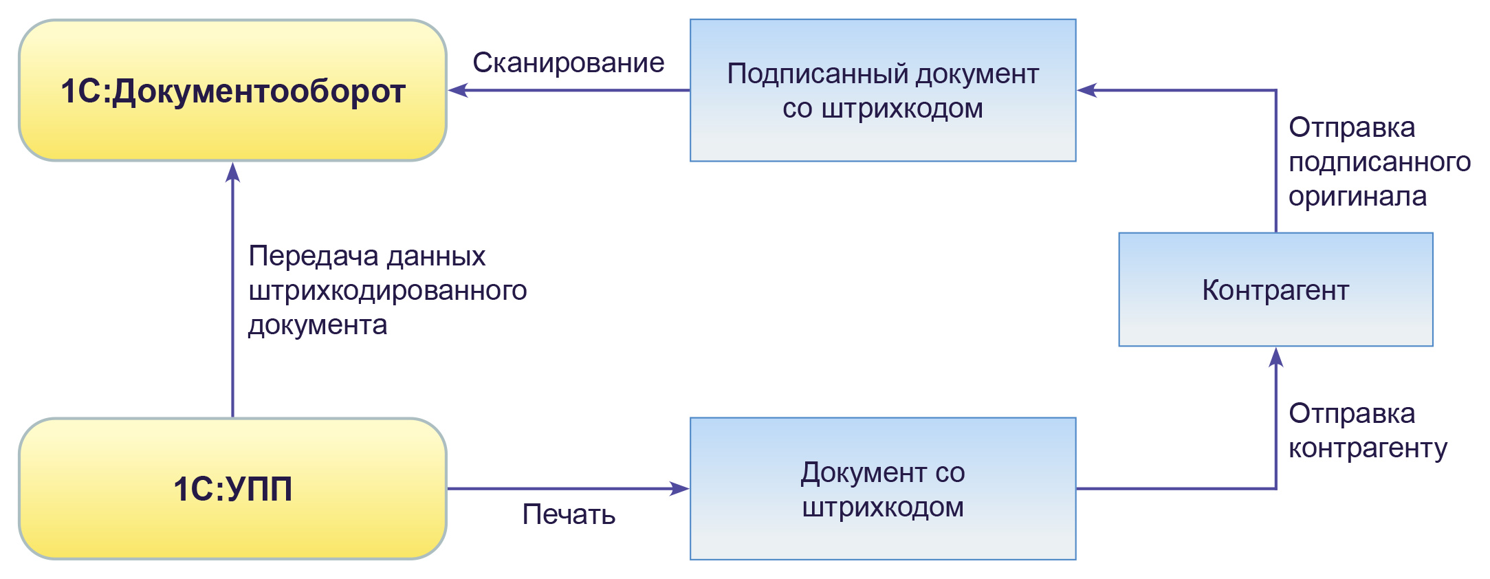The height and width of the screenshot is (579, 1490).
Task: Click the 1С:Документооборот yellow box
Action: tap(232, 91)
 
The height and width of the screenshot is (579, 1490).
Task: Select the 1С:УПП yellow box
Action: tap(232, 489)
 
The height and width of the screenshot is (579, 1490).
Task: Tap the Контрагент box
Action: tap(1275, 289)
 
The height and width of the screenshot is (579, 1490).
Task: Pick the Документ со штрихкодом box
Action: tap(883, 489)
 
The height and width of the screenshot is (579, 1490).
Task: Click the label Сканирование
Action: tap(568, 63)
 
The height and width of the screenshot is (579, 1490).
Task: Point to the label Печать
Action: tap(569, 514)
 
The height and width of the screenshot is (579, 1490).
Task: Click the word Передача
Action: tap(305, 256)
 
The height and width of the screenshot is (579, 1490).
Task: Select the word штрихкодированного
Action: tap(388, 291)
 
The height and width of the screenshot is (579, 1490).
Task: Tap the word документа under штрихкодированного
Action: tap(318, 325)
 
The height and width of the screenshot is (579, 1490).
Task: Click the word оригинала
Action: tap(1357, 197)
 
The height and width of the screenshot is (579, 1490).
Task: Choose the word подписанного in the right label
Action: tap(1379, 162)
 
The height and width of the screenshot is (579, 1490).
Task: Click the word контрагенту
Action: tap(1368, 448)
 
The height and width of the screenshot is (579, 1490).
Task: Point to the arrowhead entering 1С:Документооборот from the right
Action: tap(457, 90)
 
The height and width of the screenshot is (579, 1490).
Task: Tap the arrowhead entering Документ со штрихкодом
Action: tap(680, 489)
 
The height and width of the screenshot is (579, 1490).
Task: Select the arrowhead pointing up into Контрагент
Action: tap(1276, 357)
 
